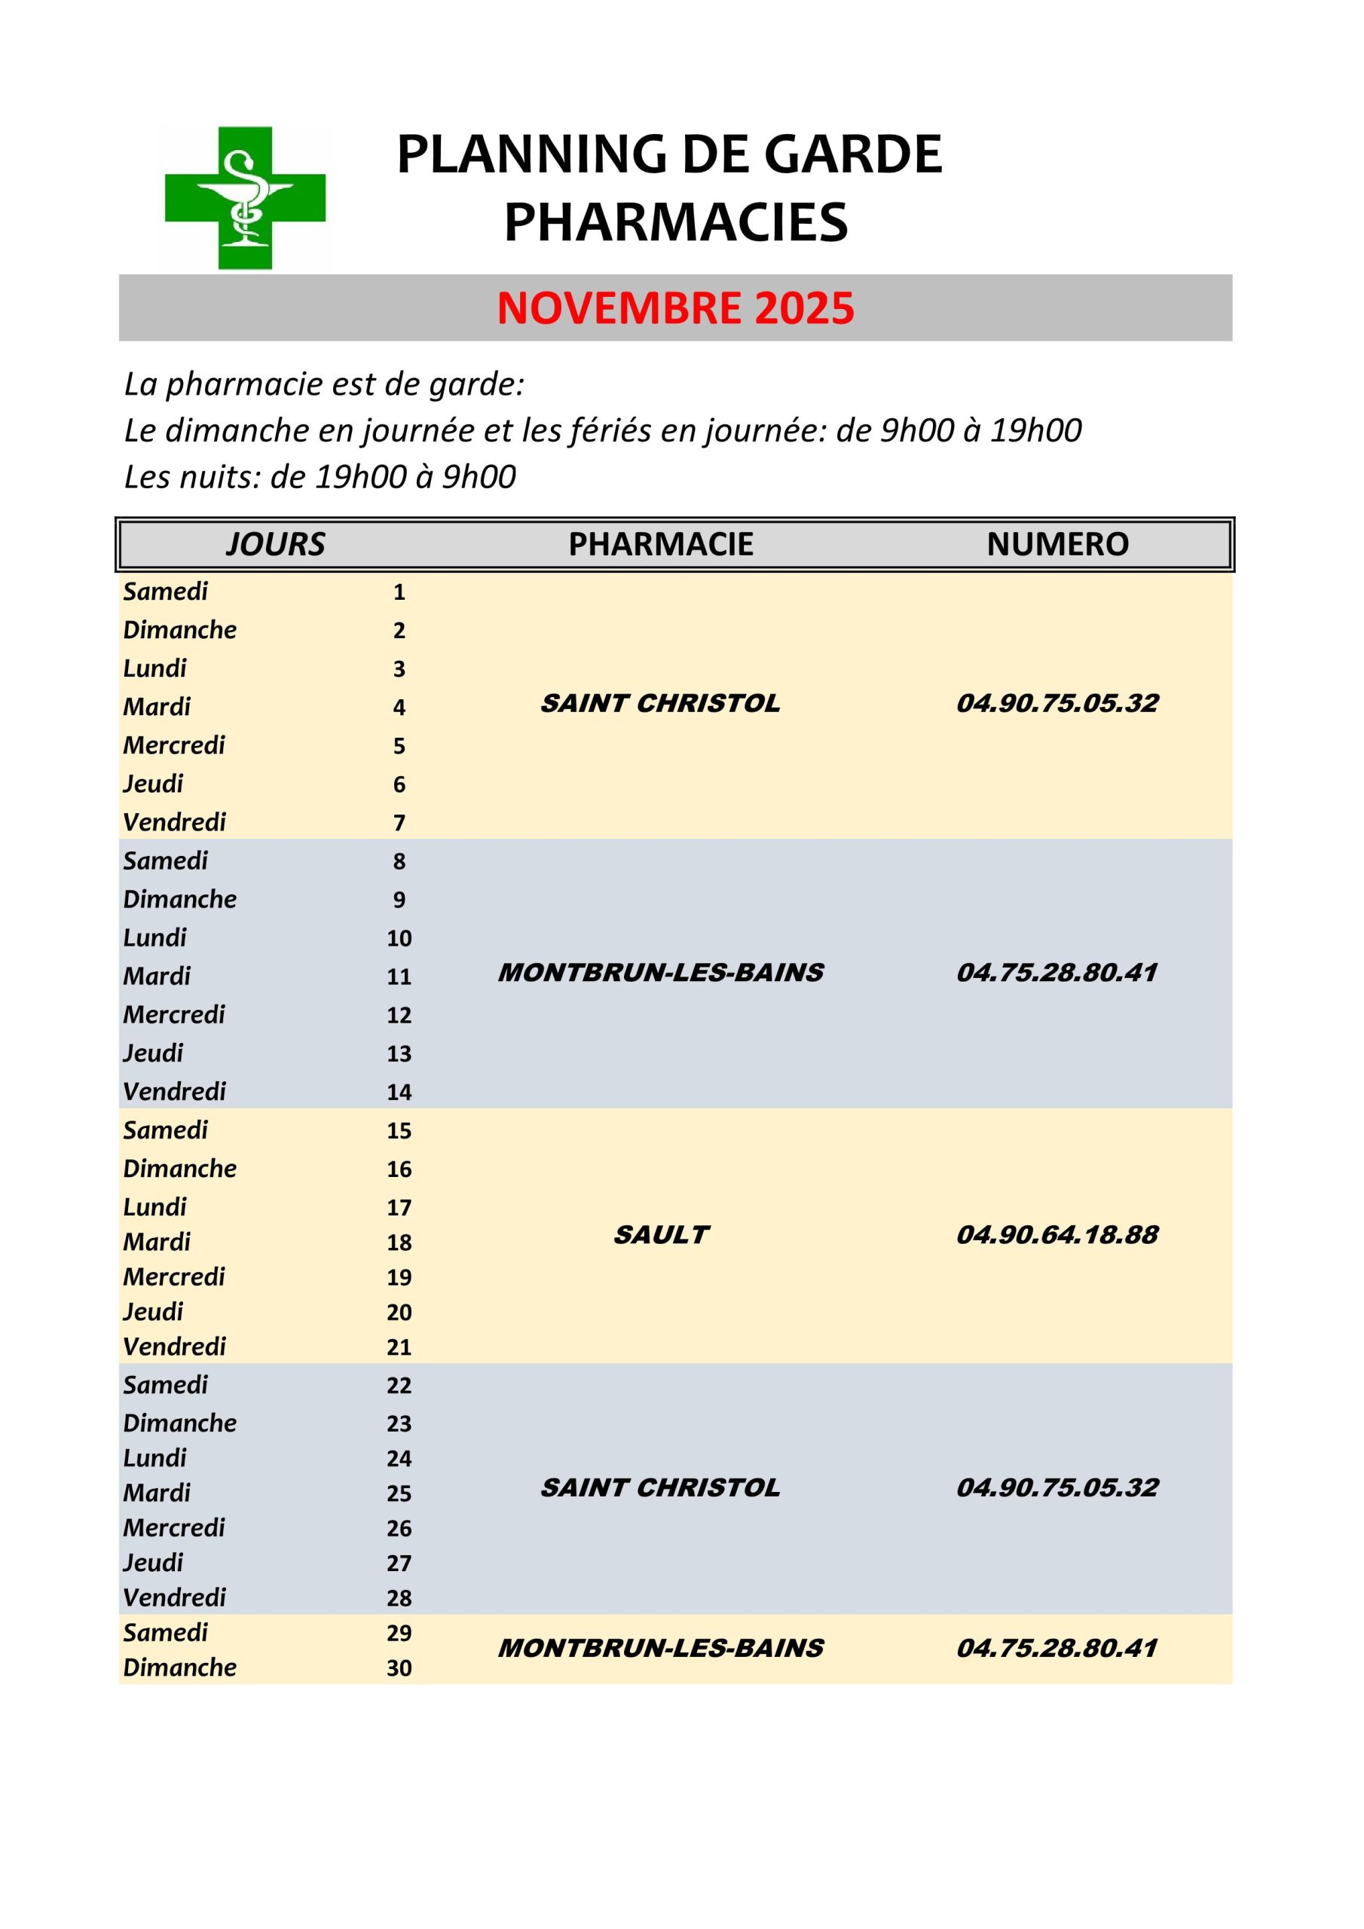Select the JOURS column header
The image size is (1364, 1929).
point(275,545)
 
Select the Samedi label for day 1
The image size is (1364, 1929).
point(166,592)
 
